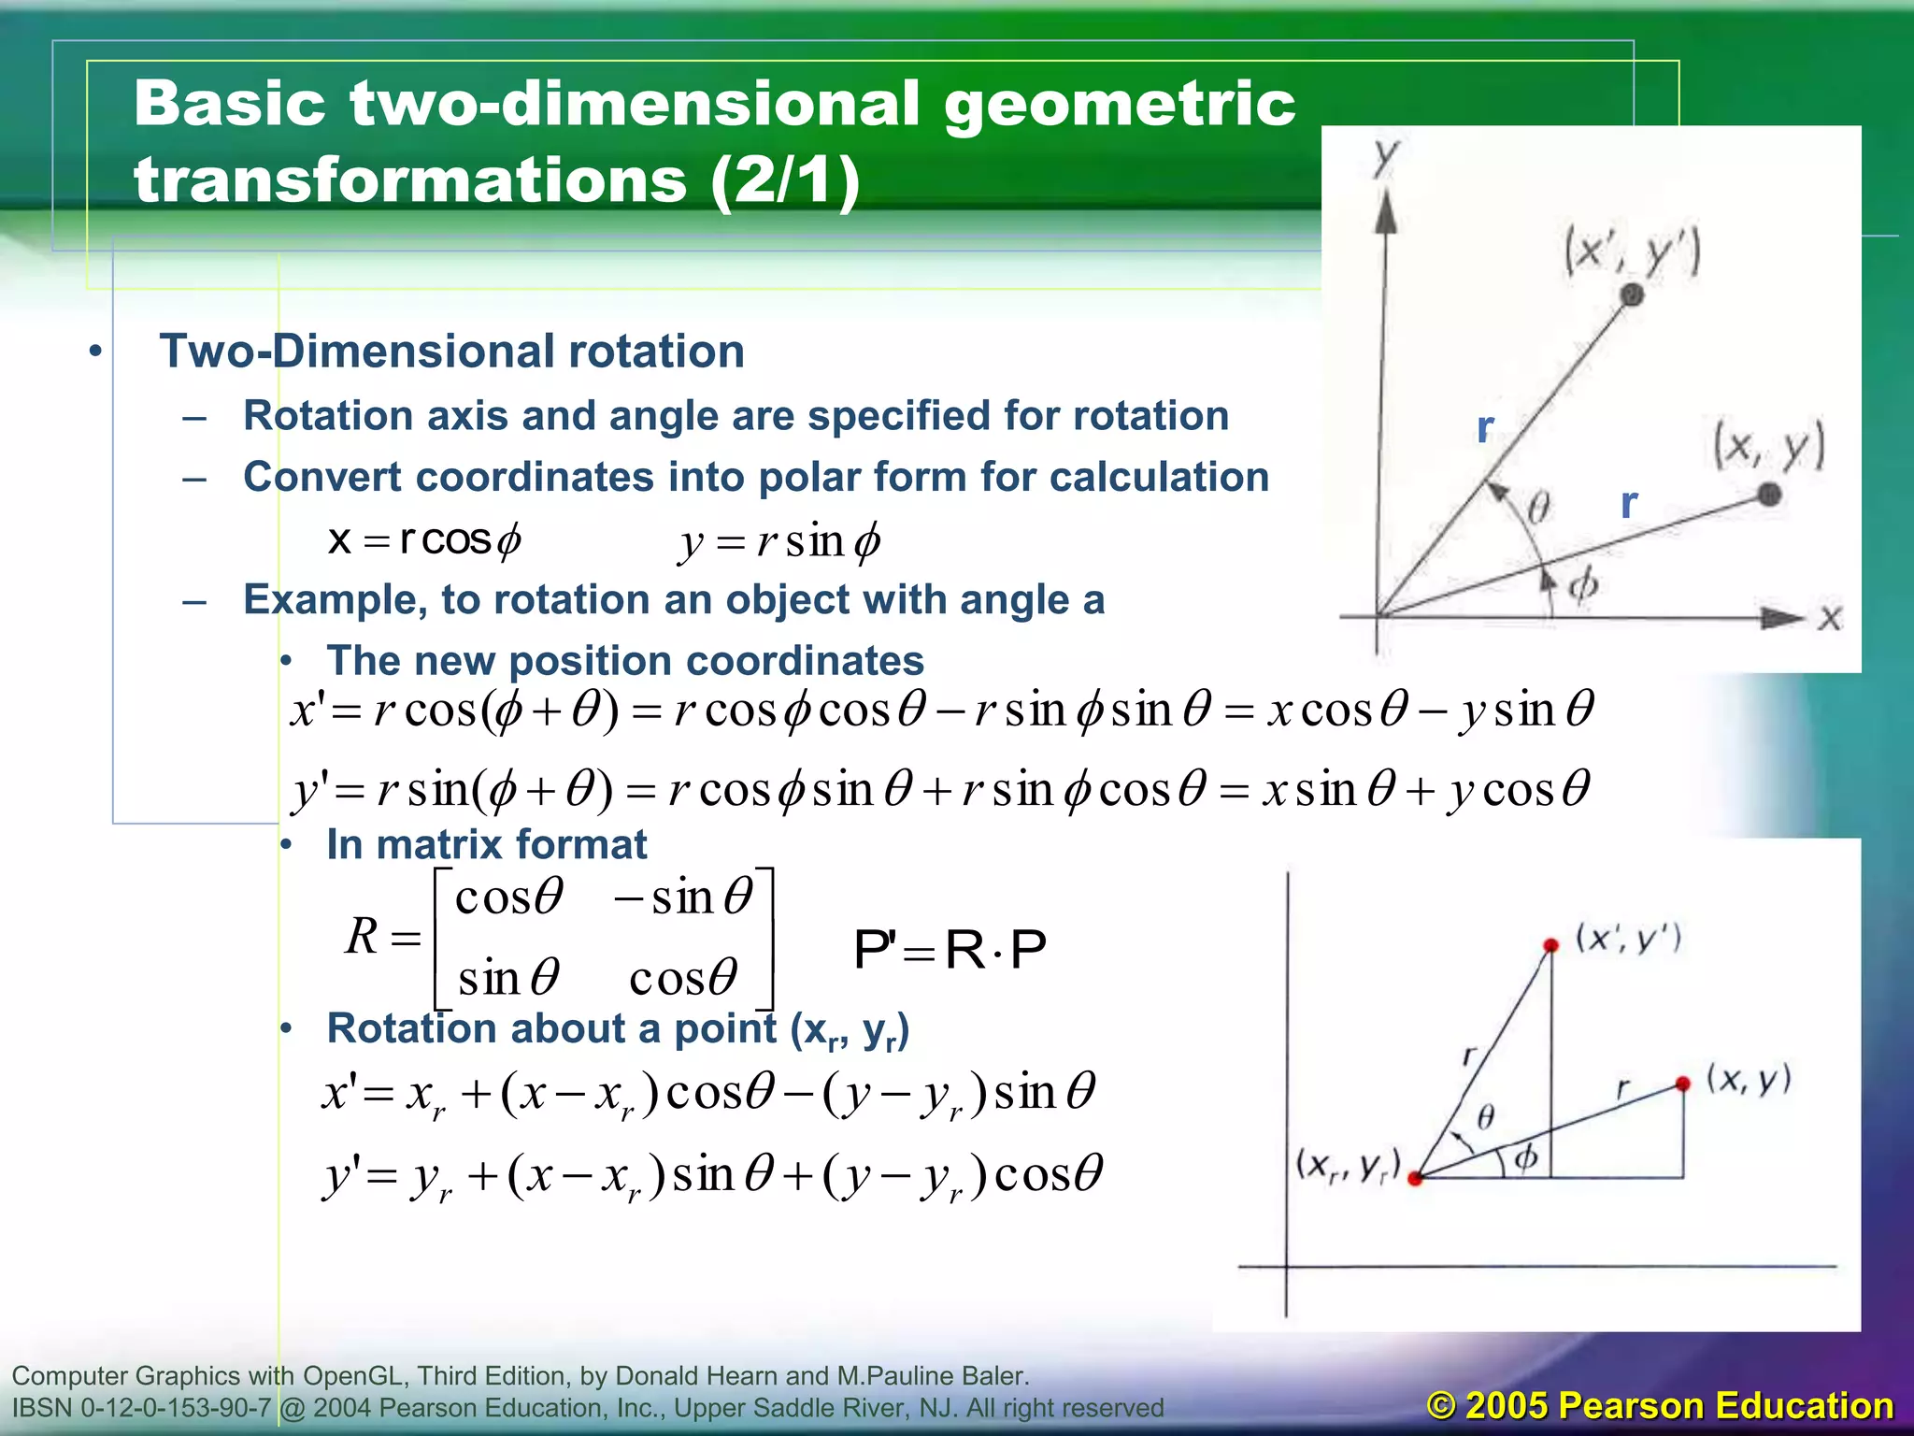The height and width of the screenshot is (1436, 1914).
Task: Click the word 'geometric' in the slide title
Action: coord(1119,105)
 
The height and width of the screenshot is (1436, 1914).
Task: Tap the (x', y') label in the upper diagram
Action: coord(1632,252)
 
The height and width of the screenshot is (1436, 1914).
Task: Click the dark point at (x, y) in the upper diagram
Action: coord(1768,495)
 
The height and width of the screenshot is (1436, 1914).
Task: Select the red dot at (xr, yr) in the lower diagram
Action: coord(1415,1178)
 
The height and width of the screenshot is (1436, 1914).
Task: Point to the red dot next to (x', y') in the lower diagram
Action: coord(1550,945)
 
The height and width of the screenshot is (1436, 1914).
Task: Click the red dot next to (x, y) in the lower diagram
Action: coord(1682,1084)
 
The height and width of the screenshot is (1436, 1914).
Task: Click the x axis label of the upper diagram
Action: coord(1830,618)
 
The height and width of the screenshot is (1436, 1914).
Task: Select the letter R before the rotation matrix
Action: coord(362,936)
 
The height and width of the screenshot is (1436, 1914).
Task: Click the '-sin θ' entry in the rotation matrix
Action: coord(683,897)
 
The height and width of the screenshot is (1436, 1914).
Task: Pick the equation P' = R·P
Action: coord(950,950)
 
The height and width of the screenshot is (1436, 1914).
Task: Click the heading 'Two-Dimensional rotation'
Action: coord(451,352)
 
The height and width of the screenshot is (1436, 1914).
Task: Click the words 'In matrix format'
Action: coord(486,844)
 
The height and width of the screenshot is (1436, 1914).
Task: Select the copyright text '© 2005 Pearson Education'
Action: coord(1660,1405)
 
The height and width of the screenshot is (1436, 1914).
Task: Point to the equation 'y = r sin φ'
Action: coord(780,541)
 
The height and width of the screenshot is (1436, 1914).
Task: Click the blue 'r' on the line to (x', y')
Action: coord(1485,427)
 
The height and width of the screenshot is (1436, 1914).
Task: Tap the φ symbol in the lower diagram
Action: coord(1525,1157)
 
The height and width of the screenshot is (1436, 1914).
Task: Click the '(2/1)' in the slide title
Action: coord(785,180)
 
